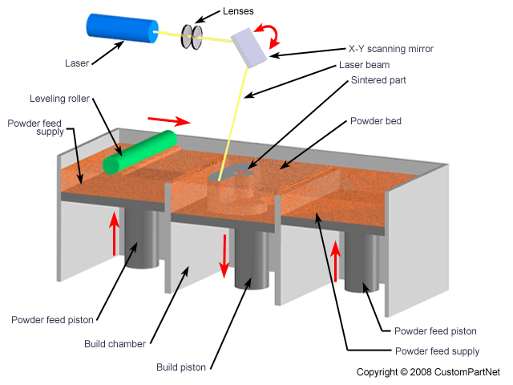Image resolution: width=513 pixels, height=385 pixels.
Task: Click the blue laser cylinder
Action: (120, 29)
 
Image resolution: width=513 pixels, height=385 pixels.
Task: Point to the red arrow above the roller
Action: (169, 120)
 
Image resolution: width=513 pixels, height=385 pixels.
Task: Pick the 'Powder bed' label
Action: (375, 121)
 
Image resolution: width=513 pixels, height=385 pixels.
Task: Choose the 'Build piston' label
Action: (182, 367)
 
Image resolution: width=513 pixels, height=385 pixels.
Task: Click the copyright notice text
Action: (428, 371)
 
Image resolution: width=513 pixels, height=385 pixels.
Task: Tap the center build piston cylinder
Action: (251, 261)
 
